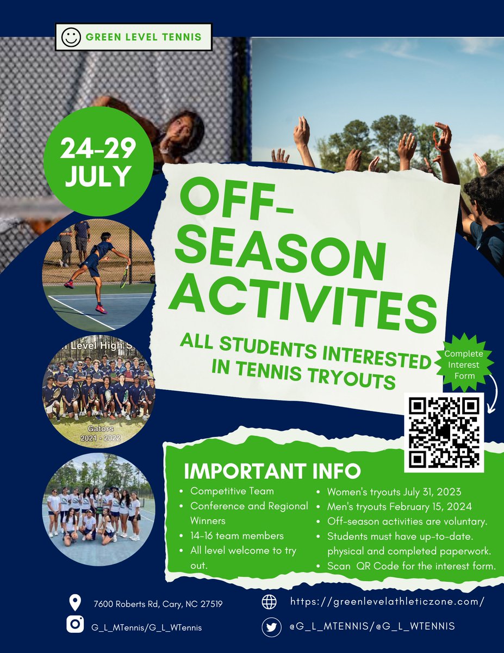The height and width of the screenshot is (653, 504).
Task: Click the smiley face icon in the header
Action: (x=70, y=38)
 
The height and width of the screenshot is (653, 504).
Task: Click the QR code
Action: (x=444, y=433)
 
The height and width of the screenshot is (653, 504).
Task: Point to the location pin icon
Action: (x=75, y=602)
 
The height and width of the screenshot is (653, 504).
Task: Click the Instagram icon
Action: (x=75, y=625)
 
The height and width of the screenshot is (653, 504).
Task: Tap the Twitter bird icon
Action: (x=270, y=627)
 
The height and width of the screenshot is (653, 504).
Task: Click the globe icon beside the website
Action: (x=270, y=602)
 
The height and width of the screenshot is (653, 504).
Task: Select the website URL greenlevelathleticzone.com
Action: (x=387, y=602)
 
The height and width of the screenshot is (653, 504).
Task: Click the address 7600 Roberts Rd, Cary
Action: (x=158, y=603)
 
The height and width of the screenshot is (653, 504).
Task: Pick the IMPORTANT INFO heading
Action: (x=272, y=470)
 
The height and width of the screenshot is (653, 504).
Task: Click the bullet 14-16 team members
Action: (x=237, y=536)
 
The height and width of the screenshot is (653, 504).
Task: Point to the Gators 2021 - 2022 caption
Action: (x=98, y=433)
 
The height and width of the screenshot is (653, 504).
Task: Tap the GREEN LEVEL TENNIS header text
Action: (x=144, y=38)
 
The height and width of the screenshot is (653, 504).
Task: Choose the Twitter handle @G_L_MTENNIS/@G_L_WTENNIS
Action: (x=372, y=626)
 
